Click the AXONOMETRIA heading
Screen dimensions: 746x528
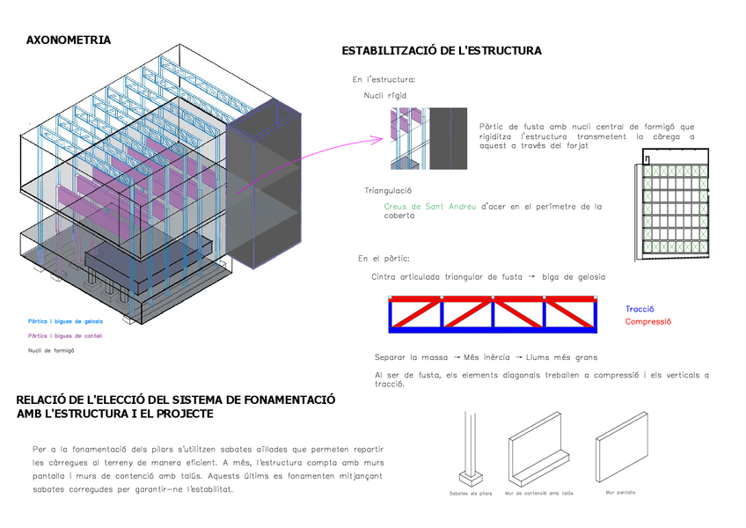pos(69,40)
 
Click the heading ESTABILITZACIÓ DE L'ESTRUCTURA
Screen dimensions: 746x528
pos(441,51)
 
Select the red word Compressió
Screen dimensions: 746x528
pos(648,321)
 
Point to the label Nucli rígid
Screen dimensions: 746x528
pos(384,95)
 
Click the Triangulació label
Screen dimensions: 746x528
pos(389,191)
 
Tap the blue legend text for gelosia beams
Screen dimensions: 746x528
pos(65,321)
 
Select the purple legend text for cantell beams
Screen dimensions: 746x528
pos(65,335)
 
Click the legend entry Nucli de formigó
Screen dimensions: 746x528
pos(51,350)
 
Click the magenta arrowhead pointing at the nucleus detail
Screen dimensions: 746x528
pos(382,138)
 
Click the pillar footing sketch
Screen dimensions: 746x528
pos(471,451)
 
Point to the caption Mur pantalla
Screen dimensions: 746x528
pos(620,493)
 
